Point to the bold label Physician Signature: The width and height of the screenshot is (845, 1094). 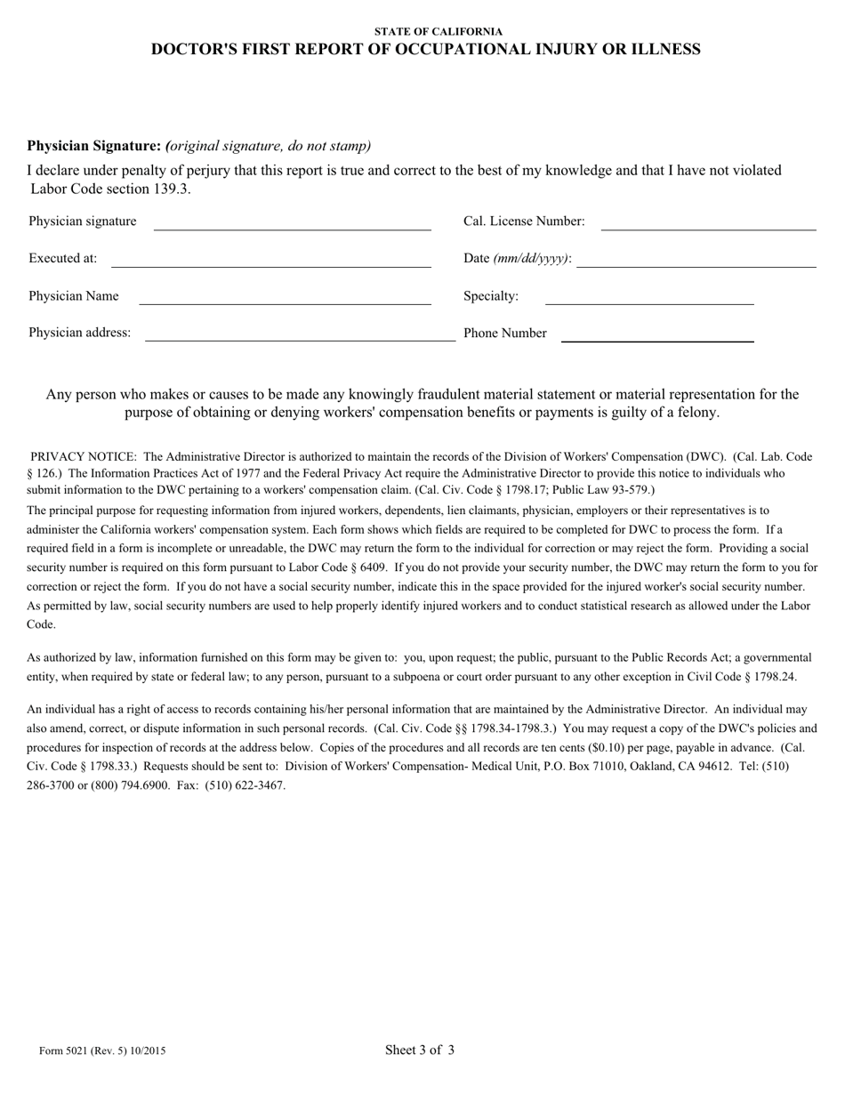coord(93,146)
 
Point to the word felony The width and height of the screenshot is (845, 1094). coord(696,413)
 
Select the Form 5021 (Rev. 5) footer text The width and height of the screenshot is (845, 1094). coord(102,1050)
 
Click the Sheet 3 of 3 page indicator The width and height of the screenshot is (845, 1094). coord(420,1050)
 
